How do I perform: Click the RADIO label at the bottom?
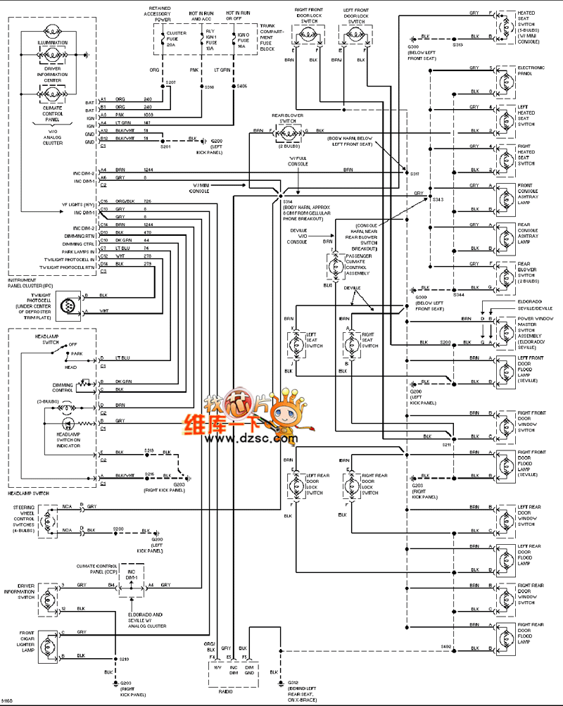[x=227, y=691]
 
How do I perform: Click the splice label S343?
[x=437, y=200]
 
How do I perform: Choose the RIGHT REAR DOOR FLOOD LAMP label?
[x=530, y=633]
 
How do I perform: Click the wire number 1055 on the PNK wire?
[x=148, y=115]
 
